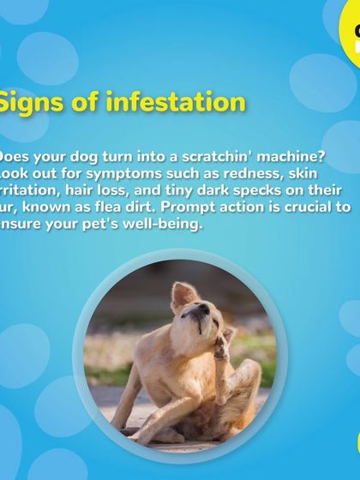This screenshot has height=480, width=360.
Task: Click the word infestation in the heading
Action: pos(175,103)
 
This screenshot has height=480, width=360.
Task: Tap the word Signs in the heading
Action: pos(31,103)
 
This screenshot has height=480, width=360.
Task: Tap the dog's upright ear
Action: pos(183,295)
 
